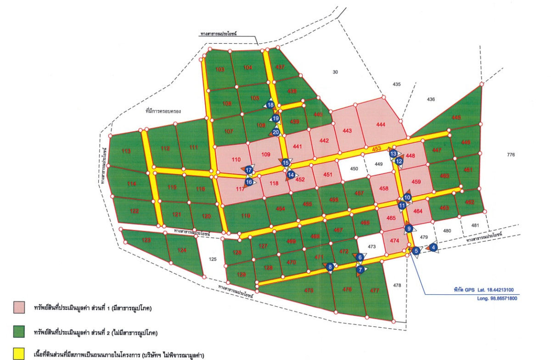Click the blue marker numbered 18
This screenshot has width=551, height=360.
pos(271,105)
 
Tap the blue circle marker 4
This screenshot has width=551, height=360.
pos(433,247)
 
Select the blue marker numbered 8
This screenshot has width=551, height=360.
pos(330,267)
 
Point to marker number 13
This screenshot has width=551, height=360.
pos(393,154)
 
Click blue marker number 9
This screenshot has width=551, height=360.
pos(408,228)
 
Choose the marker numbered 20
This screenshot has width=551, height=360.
pos(275,132)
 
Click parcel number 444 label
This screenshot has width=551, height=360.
pos(380,125)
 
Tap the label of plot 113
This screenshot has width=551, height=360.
pos(126,151)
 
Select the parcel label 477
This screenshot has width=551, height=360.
pos(374,290)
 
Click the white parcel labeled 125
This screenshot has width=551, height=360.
pos(212,259)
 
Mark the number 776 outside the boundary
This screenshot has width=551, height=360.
pos(511,155)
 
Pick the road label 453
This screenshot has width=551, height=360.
pos(377,148)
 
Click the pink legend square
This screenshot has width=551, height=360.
pos(19,308)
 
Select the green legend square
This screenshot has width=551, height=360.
pos(19,331)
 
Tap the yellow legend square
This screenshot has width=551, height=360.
pos(19,354)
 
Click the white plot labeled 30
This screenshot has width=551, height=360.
pos(335,72)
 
